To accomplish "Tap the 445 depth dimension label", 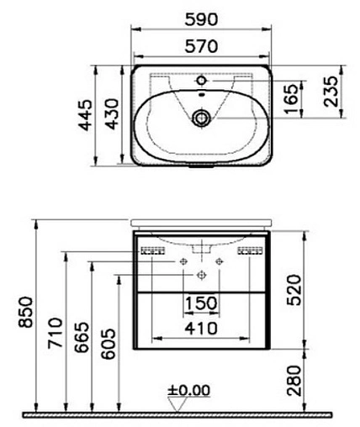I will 82,113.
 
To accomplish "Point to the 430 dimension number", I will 109,113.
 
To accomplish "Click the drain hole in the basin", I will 203,118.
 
